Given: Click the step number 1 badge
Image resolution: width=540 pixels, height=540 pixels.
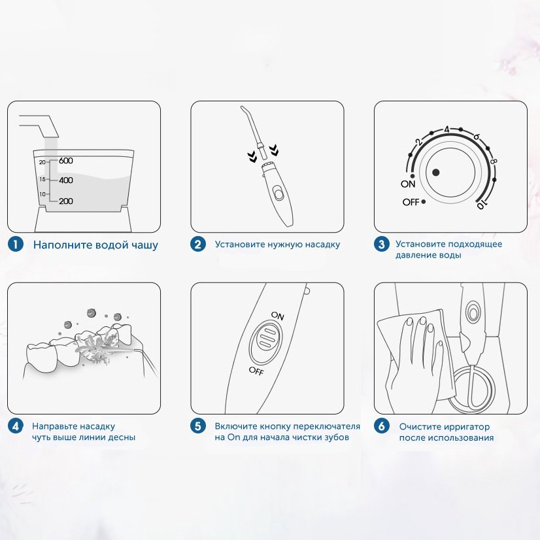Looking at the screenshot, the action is click(x=16, y=244).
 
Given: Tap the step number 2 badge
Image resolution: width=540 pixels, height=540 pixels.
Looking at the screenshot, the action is click(x=198, y=244).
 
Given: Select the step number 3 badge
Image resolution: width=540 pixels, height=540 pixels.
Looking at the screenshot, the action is click(x=382, y=244).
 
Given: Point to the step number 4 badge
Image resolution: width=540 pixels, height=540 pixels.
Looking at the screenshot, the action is click(x=16, y=426).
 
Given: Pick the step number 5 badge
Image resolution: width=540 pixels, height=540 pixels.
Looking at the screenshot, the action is click(x=198, y=426).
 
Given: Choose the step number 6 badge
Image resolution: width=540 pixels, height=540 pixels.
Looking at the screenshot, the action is click(x=382, y=426).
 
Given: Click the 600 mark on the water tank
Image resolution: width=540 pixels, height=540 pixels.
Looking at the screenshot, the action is click(x=66, y=160).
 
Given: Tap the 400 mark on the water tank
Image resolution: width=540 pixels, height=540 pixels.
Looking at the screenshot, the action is click(x=66, y=180).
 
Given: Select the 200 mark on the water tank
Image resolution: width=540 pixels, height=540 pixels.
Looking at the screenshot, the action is click(x=66, y=201).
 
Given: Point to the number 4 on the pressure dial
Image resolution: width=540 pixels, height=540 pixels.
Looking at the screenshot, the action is click(x=447, y=129).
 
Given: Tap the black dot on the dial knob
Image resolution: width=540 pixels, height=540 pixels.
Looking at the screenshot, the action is click(x=436, y=173).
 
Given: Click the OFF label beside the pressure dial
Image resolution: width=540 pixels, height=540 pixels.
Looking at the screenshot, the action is click(x=411, y=202).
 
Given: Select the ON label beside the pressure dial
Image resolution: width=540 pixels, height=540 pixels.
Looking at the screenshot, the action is click(x=408, y=184).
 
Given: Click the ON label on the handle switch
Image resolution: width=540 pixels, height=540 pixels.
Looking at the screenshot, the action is click(x=278, y=316).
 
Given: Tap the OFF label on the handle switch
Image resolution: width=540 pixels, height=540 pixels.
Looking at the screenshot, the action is click(x=256, y=371).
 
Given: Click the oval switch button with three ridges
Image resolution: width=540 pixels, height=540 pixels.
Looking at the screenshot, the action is click(x=266, y=339).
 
